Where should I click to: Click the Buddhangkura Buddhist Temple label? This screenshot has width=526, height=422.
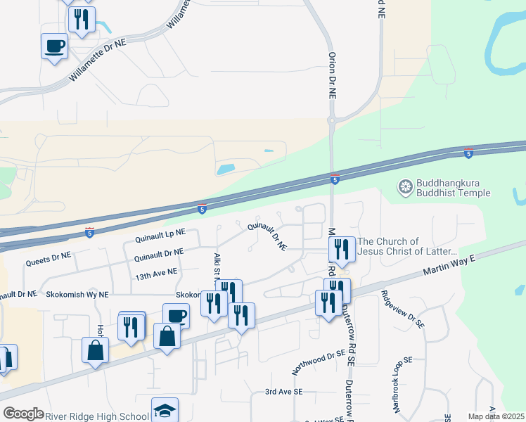(x=454, y=187)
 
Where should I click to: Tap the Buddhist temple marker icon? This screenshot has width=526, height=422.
(x=404, y=187)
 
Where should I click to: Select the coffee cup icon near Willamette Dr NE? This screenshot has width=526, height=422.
(x=55, y=46)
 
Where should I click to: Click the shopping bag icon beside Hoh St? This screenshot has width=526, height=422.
(x=95, y=350)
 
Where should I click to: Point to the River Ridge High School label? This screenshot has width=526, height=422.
(x=97, y=415)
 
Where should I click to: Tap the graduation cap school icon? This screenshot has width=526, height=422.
(x=165, y=410)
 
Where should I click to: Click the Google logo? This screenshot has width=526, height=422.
(x=23, y=414)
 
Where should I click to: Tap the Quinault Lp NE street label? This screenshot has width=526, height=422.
(x=155, y=235)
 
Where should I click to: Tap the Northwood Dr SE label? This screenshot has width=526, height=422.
(x=320, y=361)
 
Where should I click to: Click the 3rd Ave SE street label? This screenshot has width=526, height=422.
(x=283, y=391)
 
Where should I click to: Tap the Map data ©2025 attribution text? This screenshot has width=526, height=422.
(x=495, y=416)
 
